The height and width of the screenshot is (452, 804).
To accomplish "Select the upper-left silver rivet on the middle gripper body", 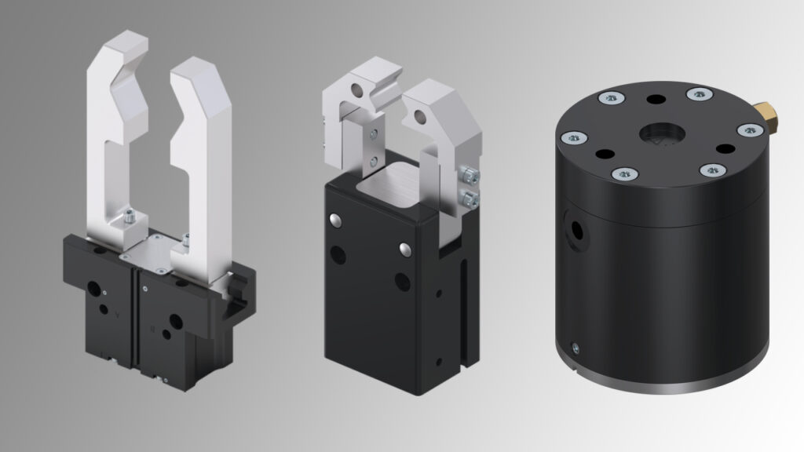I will click(336, 219).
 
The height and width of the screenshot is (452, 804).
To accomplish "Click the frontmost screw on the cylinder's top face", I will click(621, 173).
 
